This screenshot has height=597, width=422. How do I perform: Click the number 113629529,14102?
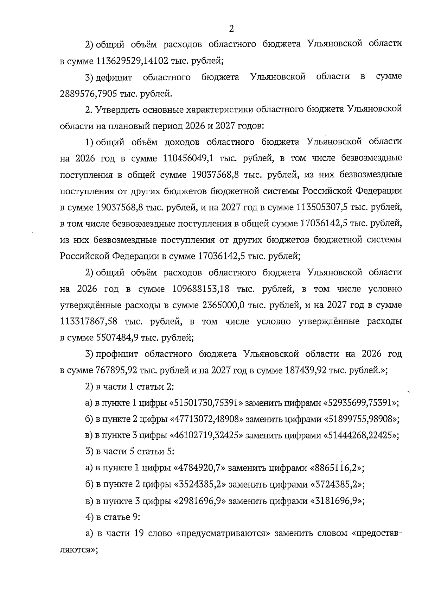pos(132,60)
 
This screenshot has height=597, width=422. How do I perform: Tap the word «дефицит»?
pos(115,77)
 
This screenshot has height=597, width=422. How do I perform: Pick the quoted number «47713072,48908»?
pos(207,419)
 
